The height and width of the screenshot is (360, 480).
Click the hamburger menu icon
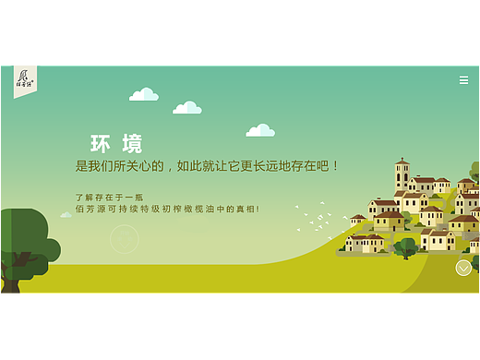463,80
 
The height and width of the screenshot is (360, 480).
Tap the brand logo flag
25,79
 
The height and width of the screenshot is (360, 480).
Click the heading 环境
116,144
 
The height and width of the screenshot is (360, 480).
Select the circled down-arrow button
463,268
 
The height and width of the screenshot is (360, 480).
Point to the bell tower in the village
402,174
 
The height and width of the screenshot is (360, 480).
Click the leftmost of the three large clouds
144,94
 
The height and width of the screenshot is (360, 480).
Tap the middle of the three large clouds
187,108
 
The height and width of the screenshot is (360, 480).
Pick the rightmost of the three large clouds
260,130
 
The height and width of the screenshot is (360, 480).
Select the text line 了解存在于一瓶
110,197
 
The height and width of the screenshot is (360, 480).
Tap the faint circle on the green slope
124,239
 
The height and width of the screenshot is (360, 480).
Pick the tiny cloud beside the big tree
66,215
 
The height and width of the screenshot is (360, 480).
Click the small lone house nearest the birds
357,220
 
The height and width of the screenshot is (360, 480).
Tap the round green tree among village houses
404,246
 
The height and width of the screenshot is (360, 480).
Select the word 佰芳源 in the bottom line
89,209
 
